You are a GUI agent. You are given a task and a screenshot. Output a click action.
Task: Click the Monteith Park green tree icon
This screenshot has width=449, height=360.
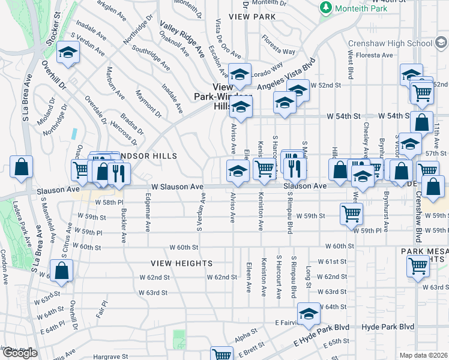pyautogui.click(x=325, y=8)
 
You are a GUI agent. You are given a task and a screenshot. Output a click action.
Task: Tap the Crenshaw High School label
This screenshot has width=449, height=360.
pyautogui.click(x=390, y=44)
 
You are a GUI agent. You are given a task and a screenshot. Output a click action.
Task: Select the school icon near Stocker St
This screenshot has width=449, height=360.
pyautogui.click(x=68, y=53)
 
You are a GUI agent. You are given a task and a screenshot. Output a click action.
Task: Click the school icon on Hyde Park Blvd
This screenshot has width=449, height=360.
pyautogui.click(x=309, y=314)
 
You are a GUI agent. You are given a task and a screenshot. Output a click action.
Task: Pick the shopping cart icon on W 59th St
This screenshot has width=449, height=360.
pyautogui.click(x=351, y=212)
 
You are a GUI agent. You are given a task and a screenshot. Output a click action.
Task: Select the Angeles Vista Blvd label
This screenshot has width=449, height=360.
pyautogui.click(x=286, y=77)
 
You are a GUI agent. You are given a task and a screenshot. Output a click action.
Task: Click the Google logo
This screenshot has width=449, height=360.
pyautogui.click(x=19, y=353)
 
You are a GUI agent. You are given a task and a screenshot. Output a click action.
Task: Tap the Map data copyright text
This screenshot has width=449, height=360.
pyautogui.click(x=424, y=355)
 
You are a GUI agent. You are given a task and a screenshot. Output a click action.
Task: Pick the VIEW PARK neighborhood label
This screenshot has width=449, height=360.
pyautogui.click(x=256, y=17)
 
